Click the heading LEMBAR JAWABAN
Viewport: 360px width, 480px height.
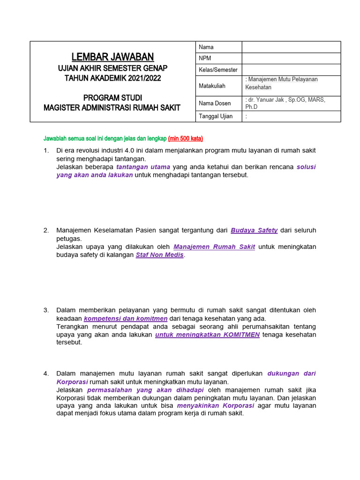pos(112,57)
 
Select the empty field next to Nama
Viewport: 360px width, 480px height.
pos(291,47)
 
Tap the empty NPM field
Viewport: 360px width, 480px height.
pos(291,58)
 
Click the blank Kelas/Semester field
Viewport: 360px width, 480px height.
pos(291,69)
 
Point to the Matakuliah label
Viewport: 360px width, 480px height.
pos(212,86)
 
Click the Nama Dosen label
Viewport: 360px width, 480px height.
pos(215,103)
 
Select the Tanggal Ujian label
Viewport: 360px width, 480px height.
pos(216,116)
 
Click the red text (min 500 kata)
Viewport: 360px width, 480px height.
pos(186,139)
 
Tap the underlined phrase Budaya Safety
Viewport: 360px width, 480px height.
pos(254,230)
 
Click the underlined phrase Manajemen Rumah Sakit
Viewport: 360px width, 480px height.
pos(214,247)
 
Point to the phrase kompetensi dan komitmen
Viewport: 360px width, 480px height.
pos(126,318)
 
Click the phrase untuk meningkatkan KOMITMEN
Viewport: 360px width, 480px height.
pos(207,335)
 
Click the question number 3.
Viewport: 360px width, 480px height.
pos(46,310)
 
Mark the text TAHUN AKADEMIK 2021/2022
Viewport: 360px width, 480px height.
pos(112,78)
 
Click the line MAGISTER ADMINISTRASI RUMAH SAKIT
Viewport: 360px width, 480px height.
pos(112,108)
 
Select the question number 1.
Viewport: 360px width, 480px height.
pos(46,150)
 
